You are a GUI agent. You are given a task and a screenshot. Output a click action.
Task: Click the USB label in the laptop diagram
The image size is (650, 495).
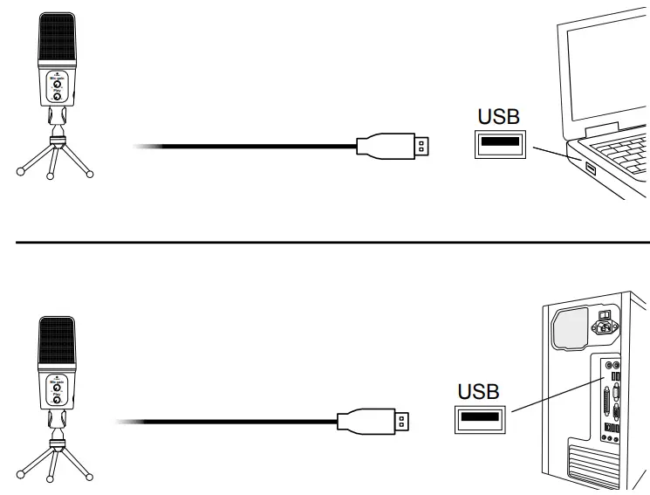click(x=499, y=116)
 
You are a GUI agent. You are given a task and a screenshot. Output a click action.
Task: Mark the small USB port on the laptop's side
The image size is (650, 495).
click(x=589, y=167)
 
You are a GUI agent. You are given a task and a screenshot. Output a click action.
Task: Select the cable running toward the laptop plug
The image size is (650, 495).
click(x=244, y=146)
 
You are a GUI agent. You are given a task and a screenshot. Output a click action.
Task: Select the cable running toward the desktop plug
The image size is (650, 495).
click(x=227, y=423)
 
